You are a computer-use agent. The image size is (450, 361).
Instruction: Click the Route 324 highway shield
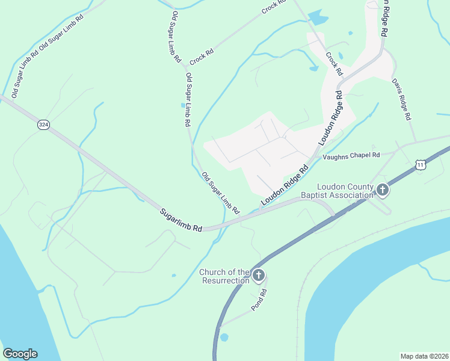tap(43, 125)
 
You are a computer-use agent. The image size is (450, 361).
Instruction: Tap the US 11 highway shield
tap(421, 165)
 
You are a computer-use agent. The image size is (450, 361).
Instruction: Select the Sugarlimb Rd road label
tap(180, 221)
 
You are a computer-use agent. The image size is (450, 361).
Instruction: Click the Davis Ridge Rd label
tap(401, 98)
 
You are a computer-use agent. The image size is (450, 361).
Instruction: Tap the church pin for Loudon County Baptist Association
tap(382, 190)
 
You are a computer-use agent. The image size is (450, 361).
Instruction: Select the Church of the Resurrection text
tap(224, 276)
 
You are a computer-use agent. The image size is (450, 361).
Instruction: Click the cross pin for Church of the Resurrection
tap(258, 276)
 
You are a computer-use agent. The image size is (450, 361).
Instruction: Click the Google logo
tap(20, 354)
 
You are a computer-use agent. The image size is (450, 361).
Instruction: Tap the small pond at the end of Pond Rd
tap(224, 337)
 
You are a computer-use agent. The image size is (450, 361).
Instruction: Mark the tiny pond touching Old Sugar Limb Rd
tap(183, 105)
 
